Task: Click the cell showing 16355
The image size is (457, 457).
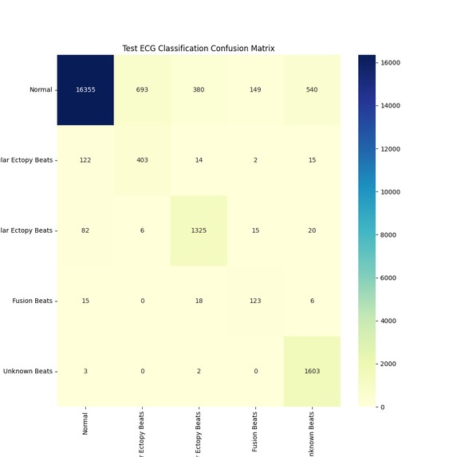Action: [85, 89]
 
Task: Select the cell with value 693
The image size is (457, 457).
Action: [142, 89]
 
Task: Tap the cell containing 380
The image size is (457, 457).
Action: [199, 89]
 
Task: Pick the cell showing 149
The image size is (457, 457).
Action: [255, 89]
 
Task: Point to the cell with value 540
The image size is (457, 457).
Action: [312, 89]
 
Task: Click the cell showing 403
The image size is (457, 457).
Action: [142, 160]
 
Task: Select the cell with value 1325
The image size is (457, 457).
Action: [199, 230]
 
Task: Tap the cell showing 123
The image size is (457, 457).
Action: [255, 301]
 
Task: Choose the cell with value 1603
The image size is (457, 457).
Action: [312, 371]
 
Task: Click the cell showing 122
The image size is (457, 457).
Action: [85, 160]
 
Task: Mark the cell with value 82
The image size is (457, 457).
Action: [85, 230]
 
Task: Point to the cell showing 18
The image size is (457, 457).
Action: [199, 301]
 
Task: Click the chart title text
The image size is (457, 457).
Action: [199, 49]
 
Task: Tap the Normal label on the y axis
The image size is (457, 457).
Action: [41, 89]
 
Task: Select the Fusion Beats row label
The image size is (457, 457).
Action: [33, 301]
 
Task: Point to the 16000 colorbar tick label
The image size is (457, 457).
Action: [392, 62]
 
